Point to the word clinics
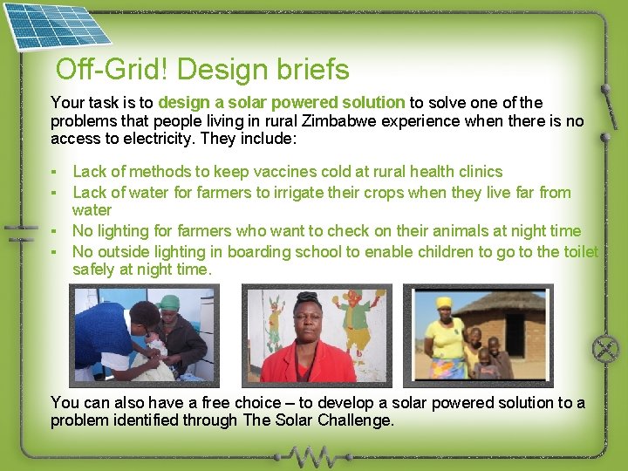[477, 172]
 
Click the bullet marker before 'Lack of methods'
[54, 172]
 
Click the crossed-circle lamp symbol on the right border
[604, 350]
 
